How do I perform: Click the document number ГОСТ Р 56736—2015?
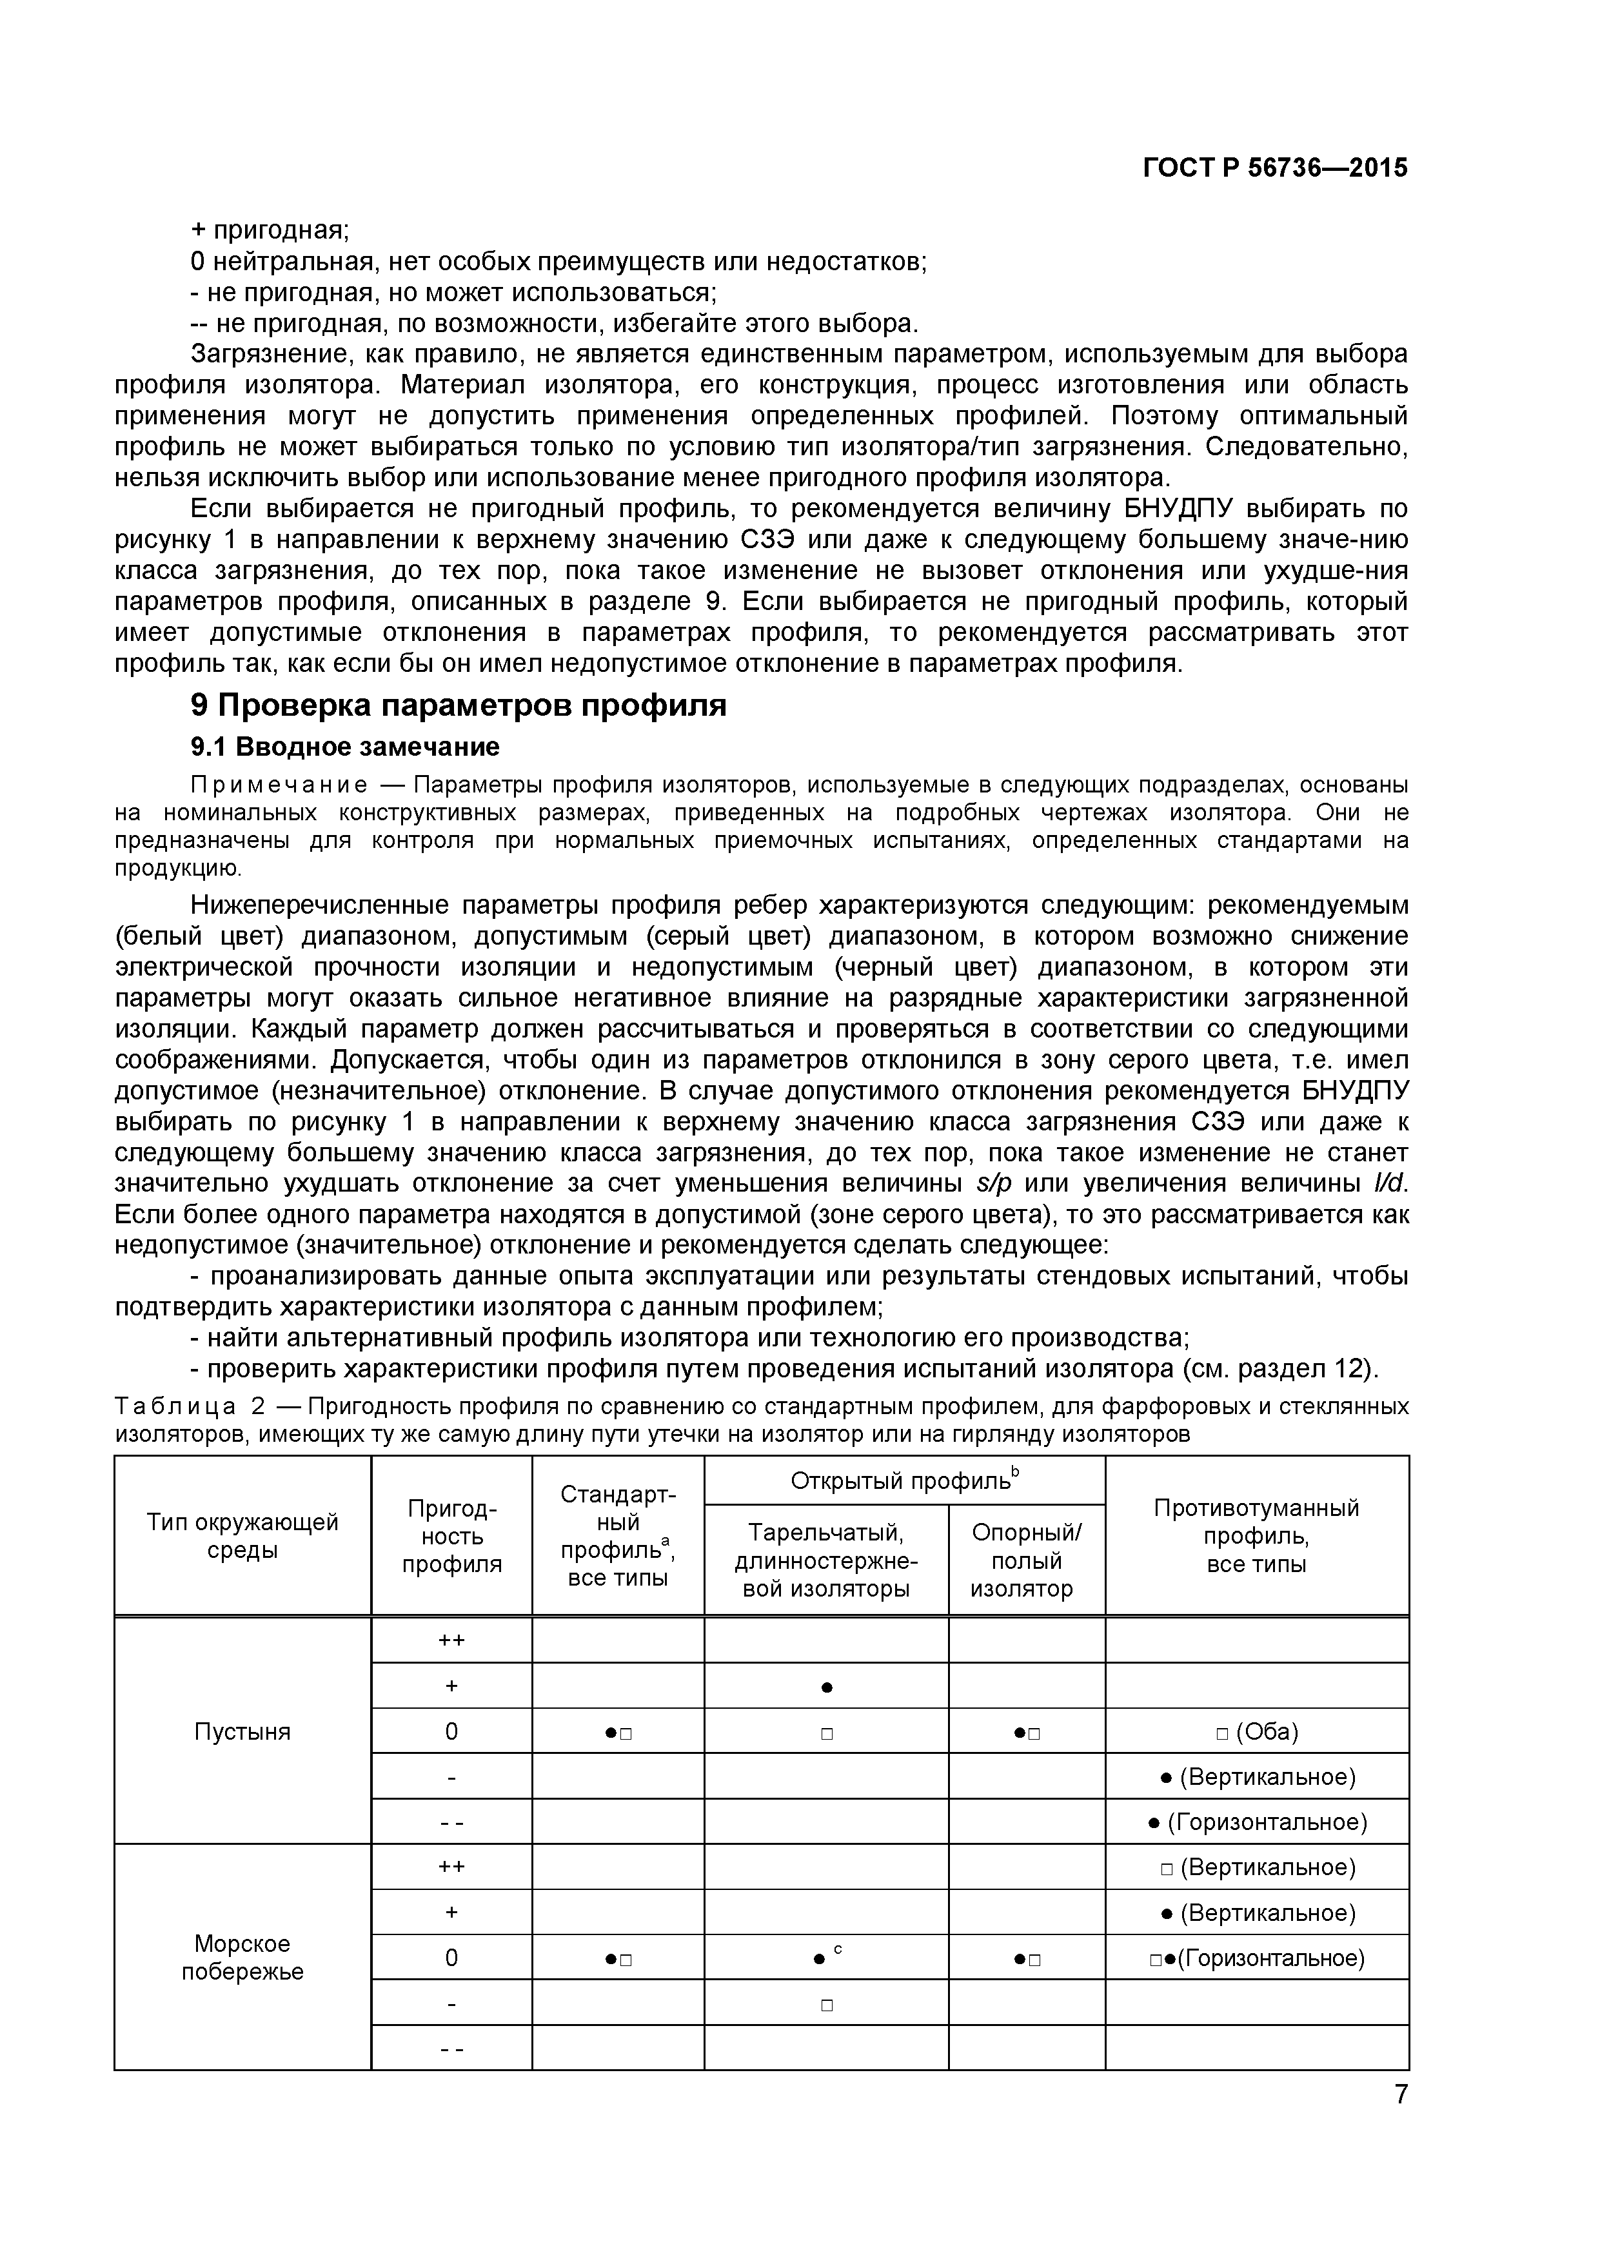pyautogui.click(x=1275, y=168)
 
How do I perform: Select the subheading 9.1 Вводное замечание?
pyautogui.click(x=345, y=747)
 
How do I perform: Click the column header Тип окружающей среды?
pyautogui.click(x=242, y=1536)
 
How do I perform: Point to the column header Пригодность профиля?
pyautogui.click(x=451, y=1537)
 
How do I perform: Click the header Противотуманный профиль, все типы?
pyautogui.click(x=1256, y=1536)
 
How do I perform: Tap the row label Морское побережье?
pyautogui.click(x=242, y=1958)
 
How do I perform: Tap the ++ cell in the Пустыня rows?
pyautogui.click(x=451, y=1640)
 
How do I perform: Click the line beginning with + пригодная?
pyautogui.click(x=270, y=231)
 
